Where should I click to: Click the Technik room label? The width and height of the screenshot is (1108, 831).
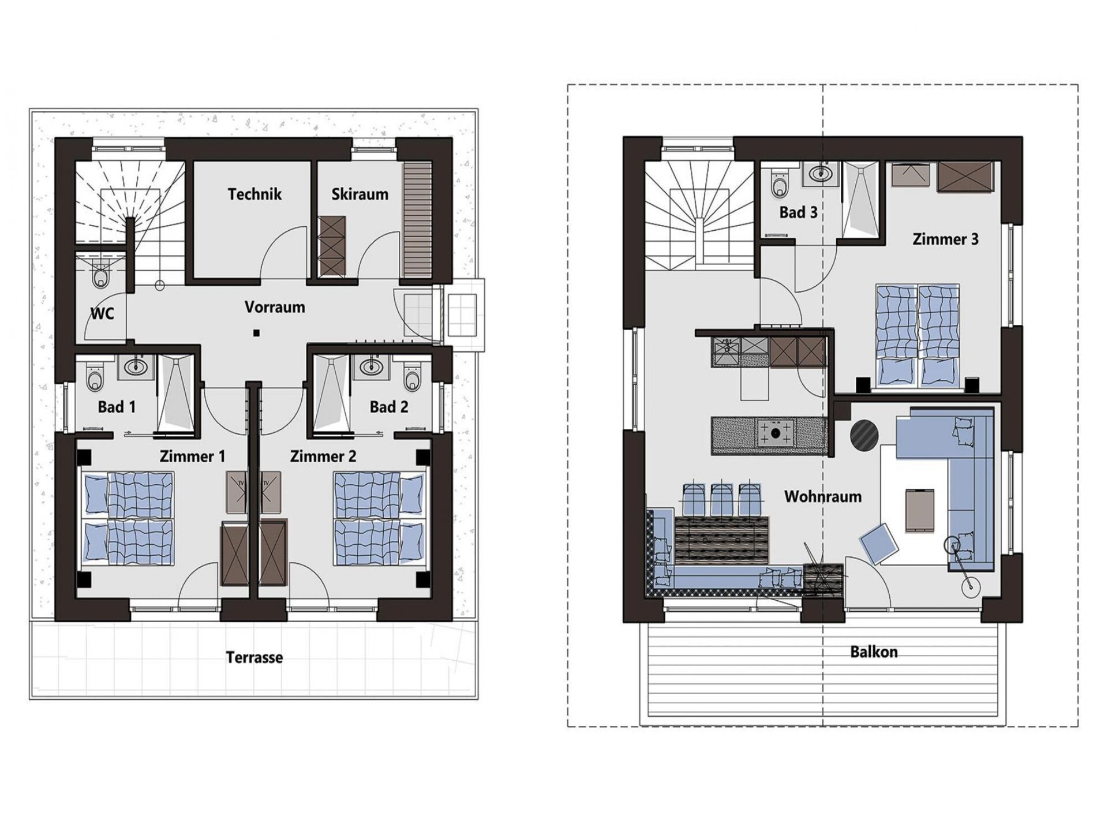click(254, 194)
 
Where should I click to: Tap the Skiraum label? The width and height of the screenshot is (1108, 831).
click(360, 194)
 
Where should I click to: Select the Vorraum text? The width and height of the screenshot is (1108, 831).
click(275, 307)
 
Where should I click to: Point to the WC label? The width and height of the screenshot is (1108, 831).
click(102, 313)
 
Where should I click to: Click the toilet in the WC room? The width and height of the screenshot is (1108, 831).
click(100, 274)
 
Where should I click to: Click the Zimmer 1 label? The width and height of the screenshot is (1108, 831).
click(192, 456)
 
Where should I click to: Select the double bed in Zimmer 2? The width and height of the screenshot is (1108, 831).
click(379, 519)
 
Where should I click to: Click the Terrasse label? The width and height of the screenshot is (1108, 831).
click(254, 657)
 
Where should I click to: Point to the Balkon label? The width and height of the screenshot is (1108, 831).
click(874, 652)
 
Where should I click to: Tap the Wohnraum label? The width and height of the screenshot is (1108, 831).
click(823, 497)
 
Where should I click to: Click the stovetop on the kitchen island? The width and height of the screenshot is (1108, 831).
click(776, 432)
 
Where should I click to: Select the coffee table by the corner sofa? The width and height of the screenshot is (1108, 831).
click(919, 509)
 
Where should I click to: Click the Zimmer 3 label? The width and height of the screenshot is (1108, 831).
click(945, 239)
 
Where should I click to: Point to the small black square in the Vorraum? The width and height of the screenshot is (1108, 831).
click(256, 333)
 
